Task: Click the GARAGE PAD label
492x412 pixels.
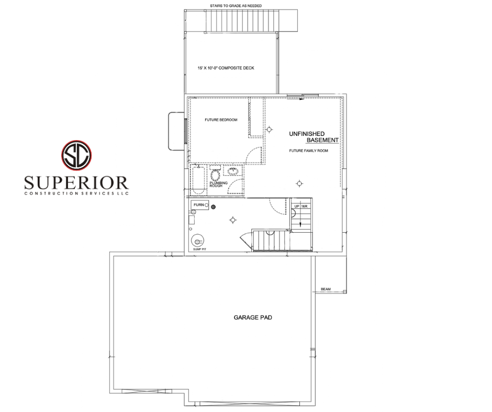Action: [253, 317]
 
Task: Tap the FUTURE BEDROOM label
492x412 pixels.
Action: [221, 120]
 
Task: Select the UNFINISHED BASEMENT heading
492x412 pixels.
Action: [314, 137]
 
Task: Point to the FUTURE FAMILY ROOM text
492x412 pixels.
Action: [308, 151]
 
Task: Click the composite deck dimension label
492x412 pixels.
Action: [226, 68]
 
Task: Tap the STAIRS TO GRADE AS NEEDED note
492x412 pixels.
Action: [236, 6]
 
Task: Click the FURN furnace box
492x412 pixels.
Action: [200, 205]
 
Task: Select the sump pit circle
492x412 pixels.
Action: [197, 241]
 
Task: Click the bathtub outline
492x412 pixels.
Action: [198, 180]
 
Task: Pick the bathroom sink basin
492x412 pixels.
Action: [233, 171]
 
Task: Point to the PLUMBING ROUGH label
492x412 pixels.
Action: [218, 185]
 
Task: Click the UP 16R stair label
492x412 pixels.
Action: [300, 207]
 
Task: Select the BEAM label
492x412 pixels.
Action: [326, 289]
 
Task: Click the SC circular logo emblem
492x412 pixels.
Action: [76, 155]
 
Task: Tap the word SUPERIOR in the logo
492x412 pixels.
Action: [76, 182]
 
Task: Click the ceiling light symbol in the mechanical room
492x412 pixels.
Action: [232, 220]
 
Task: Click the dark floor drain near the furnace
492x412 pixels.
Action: [214, 207]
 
